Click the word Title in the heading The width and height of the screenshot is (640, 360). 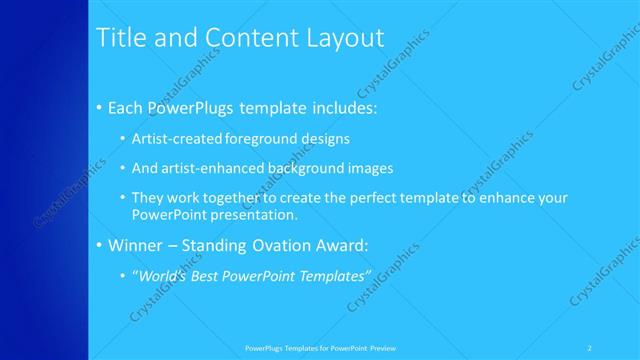coord(117,38)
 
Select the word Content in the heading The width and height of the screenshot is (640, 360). coord(246,38)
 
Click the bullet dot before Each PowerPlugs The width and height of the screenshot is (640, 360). coord(99,107)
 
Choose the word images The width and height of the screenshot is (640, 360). coord(368,168)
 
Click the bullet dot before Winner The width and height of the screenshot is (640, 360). coord(99,245)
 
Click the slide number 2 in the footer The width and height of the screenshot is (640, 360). coord(590,348)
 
